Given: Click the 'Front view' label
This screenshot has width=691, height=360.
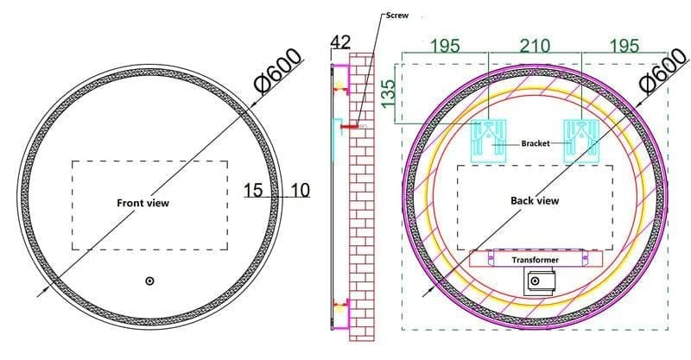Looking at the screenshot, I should (x=143, y=203).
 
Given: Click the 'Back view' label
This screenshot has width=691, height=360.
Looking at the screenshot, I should (x=535, y=200).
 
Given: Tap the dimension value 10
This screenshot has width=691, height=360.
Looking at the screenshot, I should (x=300, y=189).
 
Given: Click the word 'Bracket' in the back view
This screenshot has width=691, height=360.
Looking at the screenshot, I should (x=536, y=143).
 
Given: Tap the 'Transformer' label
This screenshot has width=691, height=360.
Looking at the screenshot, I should (x=535, y=259).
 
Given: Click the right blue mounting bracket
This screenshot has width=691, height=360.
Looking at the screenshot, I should (x=580, y=141).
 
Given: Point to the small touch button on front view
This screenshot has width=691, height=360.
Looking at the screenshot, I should (x=149, y=281).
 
